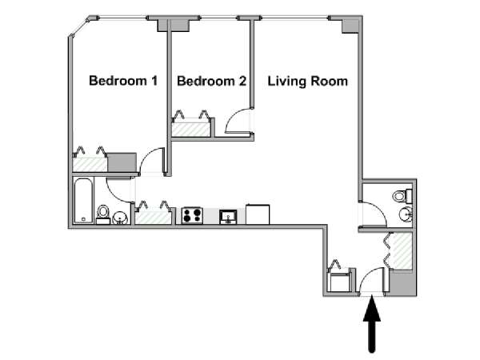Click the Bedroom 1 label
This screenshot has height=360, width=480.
pos(123,81)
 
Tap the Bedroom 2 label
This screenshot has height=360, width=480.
pos(211,81)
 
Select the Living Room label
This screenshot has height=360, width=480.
pos(308,81)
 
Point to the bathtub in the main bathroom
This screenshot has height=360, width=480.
pos(83,201)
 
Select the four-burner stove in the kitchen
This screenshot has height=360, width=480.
pos(192,216)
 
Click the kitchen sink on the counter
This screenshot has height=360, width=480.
pos(228,217)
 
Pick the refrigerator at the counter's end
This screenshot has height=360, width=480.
pos(258,214)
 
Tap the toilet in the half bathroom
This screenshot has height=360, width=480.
pos(402,196)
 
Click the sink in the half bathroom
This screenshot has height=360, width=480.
pos(406,214)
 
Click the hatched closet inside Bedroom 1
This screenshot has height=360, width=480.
pos(90,165)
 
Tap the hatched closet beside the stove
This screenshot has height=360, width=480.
pos(154,217)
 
